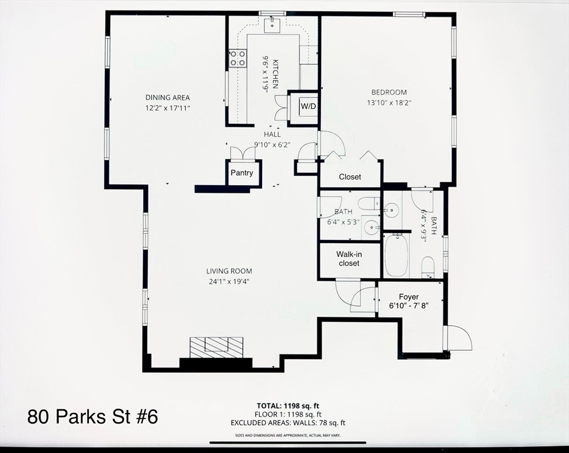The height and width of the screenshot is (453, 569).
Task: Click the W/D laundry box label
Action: [x=308, y=106]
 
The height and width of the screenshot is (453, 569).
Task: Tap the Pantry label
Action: [x=242, y=173]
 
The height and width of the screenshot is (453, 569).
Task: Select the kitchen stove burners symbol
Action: [x=238, y=58]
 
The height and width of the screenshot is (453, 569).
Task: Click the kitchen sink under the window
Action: [x=272, y=24]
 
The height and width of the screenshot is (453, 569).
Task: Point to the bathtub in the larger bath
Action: [x=396, y=255]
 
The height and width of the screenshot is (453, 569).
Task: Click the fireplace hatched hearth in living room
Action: [x=217, y=347]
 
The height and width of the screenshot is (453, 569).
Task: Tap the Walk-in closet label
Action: [x=349, y=259]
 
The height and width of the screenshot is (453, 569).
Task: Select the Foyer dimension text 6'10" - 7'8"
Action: [x=409, y=306]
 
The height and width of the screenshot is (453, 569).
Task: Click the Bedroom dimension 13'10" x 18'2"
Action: [x=389, y=103]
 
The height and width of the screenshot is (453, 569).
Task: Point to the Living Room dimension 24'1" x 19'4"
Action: [x=229, y=281]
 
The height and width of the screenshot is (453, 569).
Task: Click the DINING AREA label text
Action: [x=168, y=97]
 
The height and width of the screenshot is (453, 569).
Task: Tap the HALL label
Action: [x=272, y=134]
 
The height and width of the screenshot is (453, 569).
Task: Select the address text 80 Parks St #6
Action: [x=92, y=416]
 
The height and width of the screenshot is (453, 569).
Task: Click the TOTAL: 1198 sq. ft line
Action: [x=288, y=406]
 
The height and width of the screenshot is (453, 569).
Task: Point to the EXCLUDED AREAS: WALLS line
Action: [x=288, y=422]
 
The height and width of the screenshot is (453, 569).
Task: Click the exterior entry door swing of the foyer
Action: [x=459, y=338]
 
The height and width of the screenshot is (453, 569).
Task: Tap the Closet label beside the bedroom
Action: [x=350, y=177]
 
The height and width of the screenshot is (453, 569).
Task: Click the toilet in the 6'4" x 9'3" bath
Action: [x=428, y=267]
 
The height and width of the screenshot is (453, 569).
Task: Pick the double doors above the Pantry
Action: [x=242, y=152]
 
